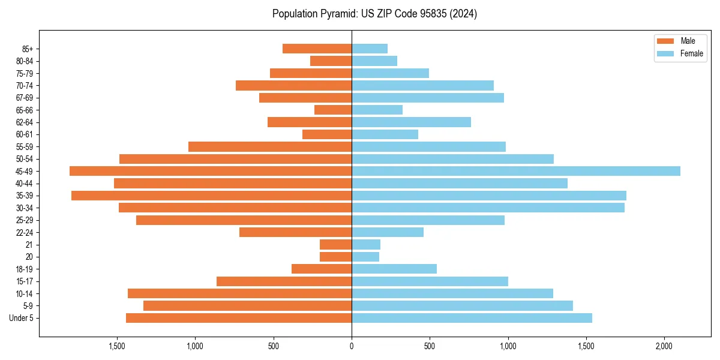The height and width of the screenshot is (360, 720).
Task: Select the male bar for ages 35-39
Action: pos(211,196)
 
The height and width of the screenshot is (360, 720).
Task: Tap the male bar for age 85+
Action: pos(317,49)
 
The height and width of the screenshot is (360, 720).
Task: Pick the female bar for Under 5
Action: pos(472,318)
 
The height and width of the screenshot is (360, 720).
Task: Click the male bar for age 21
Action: pos(335,244)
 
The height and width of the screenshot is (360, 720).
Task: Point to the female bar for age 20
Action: pos(365,257)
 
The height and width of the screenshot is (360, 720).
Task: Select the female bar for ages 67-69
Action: pos(428,98)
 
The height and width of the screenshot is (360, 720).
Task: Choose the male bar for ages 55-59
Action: pos(270,146)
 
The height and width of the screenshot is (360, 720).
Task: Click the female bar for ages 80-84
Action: pos(374,61)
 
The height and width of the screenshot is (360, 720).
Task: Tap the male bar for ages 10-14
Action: pos(239,293)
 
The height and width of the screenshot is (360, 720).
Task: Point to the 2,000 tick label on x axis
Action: pos(664,346)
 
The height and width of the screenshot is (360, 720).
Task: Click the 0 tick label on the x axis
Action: pos(352,346)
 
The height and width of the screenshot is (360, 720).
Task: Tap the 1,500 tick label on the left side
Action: pos(117,346)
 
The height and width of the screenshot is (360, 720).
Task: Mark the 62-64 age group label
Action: pos(24,122)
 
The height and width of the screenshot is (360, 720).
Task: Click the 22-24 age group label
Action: pos(24,232)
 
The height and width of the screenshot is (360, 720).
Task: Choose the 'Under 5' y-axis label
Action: pos(22,318)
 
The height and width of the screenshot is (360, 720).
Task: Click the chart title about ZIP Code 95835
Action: pos(374,14)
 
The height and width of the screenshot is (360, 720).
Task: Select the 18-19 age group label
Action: pos(24,269)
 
